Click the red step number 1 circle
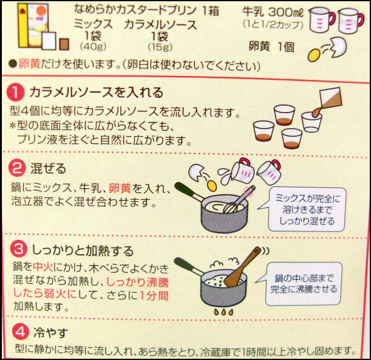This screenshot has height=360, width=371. tap(15, 92)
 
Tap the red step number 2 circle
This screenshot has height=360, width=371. tap(17, 168)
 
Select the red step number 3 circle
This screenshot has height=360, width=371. tap(19, 249)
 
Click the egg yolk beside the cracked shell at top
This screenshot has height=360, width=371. tap(314, 55)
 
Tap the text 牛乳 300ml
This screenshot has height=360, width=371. tap(273, 12)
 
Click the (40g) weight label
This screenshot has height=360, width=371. tap(93, 46)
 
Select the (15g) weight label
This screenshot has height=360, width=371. tap(160, 47)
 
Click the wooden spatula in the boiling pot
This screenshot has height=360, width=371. tap(242, 267)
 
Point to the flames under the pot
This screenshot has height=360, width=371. tap(223, 312)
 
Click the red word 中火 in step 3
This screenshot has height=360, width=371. tap(43, 267)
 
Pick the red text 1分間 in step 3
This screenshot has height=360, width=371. tap(154, 296)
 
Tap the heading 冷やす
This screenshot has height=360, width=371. tap(51, 332)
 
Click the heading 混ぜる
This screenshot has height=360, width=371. tap(48, 169)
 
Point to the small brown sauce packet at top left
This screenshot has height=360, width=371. tap(64, 45)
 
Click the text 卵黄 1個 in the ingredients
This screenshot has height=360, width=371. tap(271, 46)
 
